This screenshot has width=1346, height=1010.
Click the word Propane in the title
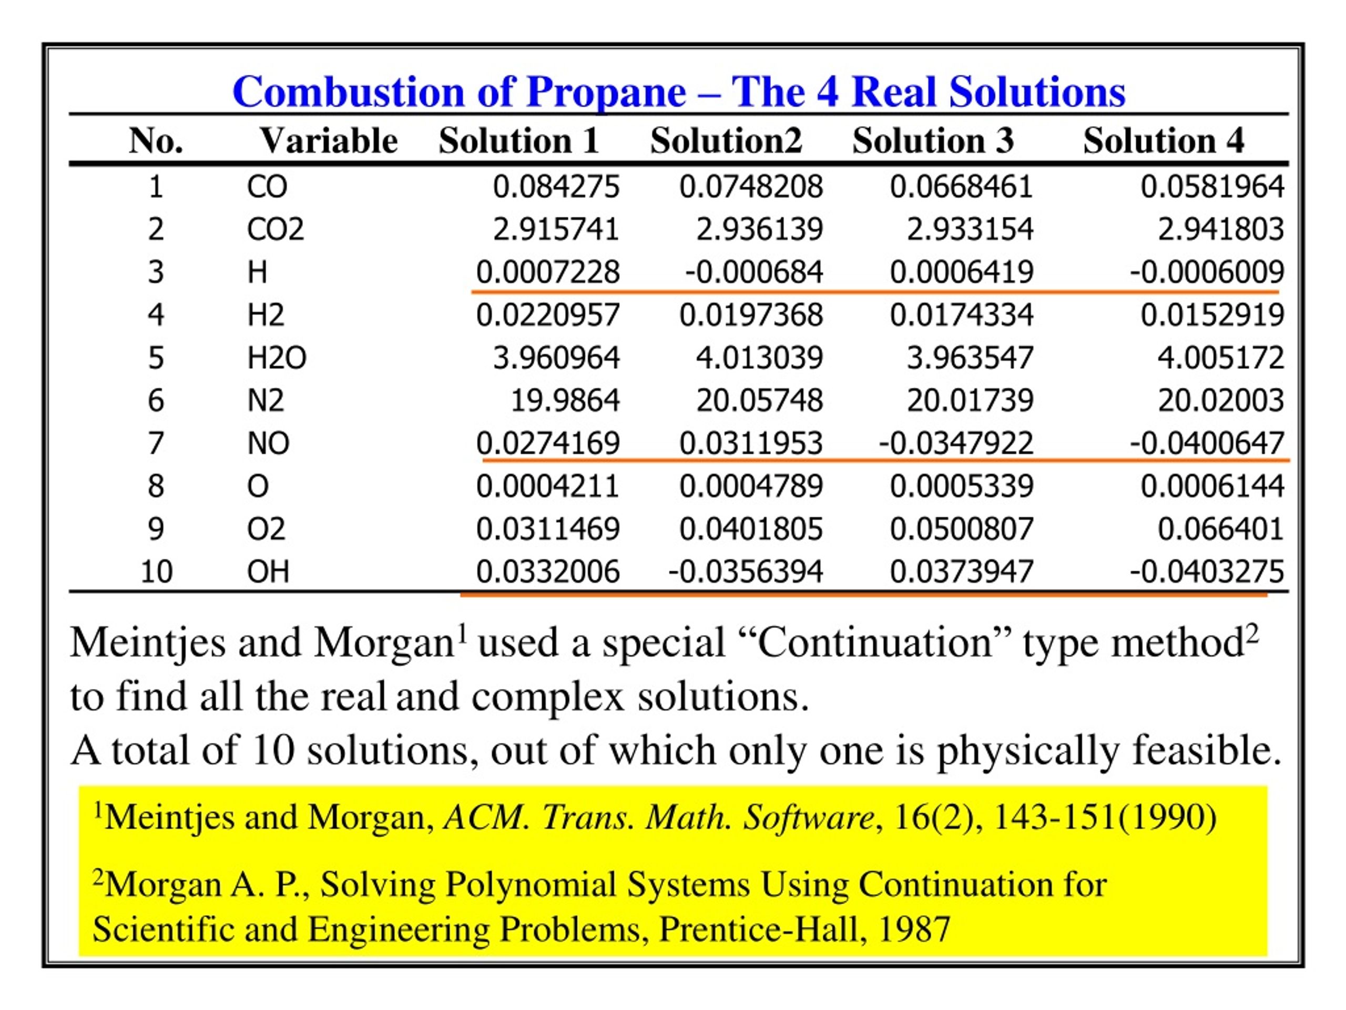pyautogui.click(x=606, y=93)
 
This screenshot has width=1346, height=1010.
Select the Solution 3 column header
pyautogui.click(x=933, y=140)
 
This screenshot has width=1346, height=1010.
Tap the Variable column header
pyautogui.click(x=329, y=140)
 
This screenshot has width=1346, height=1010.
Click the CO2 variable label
pyautogui.click(x=275, y=229)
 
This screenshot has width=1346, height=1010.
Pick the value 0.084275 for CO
pyautogui.click(x=556, y=186)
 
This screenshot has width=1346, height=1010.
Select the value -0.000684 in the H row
pyautogui.click(x=754, y=272)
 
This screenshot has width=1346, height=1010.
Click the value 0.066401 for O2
pyautogui.click(x=1221, y=529)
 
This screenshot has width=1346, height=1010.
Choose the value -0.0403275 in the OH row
pyautogui.click(x=1207, y=572)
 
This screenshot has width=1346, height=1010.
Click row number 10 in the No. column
pyautogui.click(x=156, y=572)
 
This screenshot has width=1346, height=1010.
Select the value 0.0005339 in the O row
pyautogui.click(x=962, y=487)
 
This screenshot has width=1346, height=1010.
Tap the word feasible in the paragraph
pyautogui.click(x=1206, y=750)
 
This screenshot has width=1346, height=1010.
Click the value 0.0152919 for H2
pyautogui.click(x=1212, y=315)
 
